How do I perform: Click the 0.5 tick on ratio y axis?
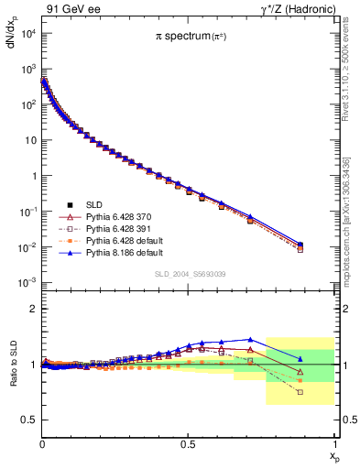coord(29,420)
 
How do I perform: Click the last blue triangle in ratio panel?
coord(300,359)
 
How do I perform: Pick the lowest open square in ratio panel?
coord(300,392)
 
